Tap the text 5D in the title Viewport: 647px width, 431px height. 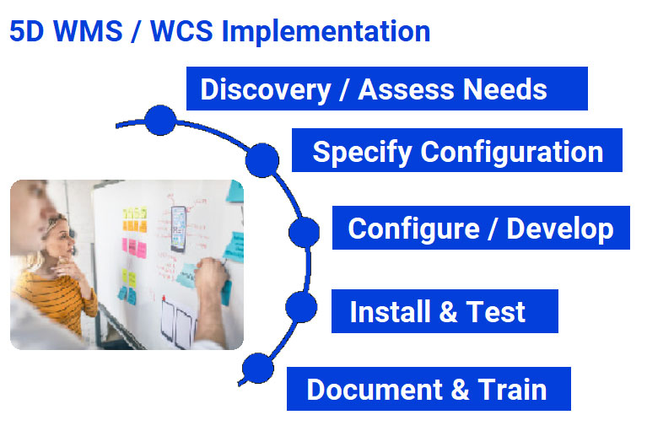[x=26, y=32]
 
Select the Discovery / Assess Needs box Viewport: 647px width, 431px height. [x=386, y=89]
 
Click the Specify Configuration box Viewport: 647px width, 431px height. [x=456, y=151]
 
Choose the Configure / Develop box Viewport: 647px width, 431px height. [x=480, y=228]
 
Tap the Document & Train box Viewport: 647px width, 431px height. [x=428, y=389]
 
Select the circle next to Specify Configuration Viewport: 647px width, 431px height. [x=262, y=159]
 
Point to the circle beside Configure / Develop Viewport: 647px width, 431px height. [x=304, y=232]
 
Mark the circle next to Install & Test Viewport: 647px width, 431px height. [x=301, y=307]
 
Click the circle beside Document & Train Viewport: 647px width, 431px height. [x=258, y=368]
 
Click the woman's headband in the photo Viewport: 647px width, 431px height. [x=57, y=224]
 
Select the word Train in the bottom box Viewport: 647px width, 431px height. [x=512, y=390]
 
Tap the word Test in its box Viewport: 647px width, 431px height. [x=495, y=312]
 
